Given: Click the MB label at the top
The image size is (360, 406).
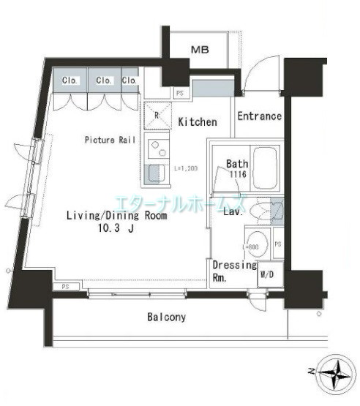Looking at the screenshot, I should [198, 50].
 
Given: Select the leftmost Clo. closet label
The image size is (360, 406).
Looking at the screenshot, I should [70, 80].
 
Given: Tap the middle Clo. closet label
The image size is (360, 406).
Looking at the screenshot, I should [104, 80].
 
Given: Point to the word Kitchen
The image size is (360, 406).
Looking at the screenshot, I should [198, 122].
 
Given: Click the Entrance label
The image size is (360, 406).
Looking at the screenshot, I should [259, 116].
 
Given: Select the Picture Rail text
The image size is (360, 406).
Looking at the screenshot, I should [107, 139].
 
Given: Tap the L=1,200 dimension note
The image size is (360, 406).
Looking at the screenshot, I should [187, 168].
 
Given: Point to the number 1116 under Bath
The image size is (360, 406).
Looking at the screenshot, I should [235, 176].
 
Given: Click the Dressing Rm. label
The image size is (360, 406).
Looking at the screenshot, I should [233, 271].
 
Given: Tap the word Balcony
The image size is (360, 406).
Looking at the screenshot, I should [166, 317].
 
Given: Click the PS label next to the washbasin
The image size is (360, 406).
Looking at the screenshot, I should [278, 243].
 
